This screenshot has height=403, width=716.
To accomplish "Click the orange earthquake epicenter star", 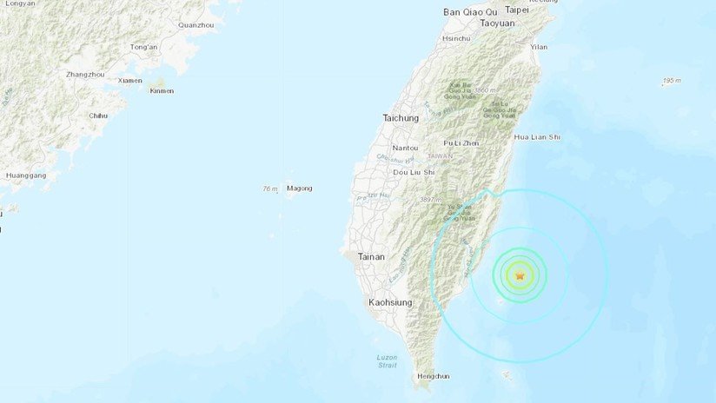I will pyautogui.click(x=520, y=276).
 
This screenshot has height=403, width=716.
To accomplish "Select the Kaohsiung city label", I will pyautogui.click(x=388, y=302).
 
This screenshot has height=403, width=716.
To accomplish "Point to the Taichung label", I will pyautogui.click(x=401, y=117).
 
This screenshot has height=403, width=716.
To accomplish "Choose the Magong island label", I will pyautogui.click(x=299, y=188).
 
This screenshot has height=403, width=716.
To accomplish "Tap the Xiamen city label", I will pyautogui.click(x=129, y=81).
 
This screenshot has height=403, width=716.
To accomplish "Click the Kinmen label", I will pyautogui.click(x=162, y=90).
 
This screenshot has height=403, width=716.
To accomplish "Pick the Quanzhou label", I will pyautogui.click(x=196, y=25).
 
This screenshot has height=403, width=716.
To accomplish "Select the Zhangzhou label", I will pyautogui.click(x=85, y=75).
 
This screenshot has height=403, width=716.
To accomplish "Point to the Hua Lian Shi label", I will pyautogui.click(x=537, y=137).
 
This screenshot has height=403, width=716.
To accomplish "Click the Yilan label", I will pyautogui.click(x=539, y=47).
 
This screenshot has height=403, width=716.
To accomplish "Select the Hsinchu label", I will pyautogui.click(x=456, y=39).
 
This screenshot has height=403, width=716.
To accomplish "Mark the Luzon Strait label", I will pyautogui.click(x=387, y=361).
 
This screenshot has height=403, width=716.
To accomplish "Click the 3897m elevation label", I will pyautogui.click(x=429, y=201).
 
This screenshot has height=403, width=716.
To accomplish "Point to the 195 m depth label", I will pyautogui.click(x=671, y=81).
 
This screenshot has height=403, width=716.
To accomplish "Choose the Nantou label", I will pyautogui.click(x=405, y=148).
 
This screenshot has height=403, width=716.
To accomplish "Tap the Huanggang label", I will pyautogui.click(x=25, y=175).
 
